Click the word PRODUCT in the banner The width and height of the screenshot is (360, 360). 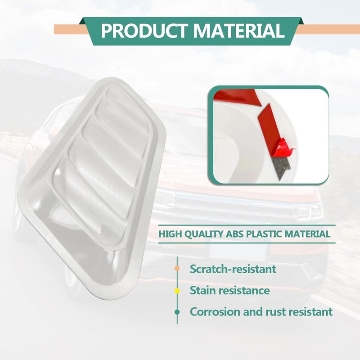pos(144,31)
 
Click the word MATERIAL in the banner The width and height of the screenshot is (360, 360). pos(238,31)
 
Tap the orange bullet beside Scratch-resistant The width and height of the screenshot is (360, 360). pos(177,268)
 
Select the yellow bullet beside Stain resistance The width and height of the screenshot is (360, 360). pos(177,291)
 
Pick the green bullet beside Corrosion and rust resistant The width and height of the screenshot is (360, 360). pos(177,312)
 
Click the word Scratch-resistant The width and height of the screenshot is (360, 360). pos(233,269)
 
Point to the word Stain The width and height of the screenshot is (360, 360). pos(202,290)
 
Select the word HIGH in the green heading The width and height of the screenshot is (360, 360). pos(171,234)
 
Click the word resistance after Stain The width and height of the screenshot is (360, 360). pos(243,290)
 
